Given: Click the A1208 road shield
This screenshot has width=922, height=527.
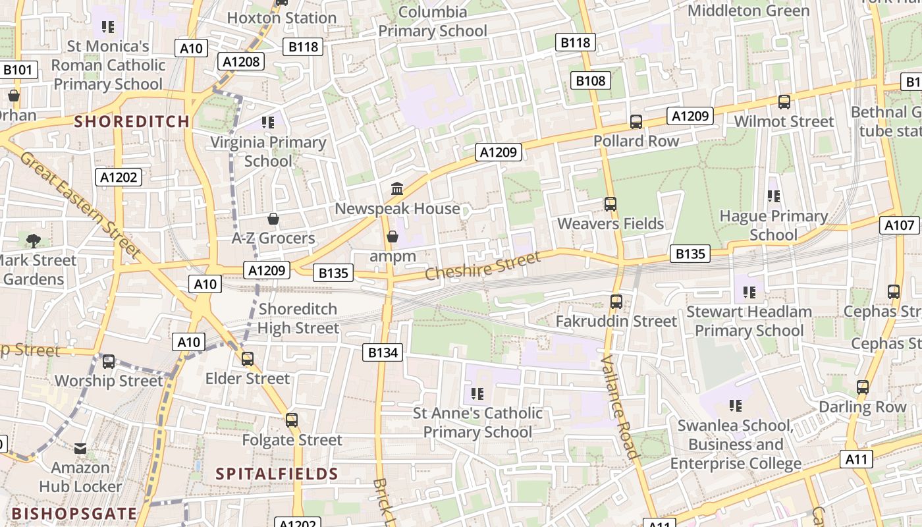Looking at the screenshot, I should (242, 61).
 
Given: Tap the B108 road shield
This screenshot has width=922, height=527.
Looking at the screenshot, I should (590, 80).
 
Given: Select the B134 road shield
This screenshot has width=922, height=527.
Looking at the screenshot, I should (383, 352).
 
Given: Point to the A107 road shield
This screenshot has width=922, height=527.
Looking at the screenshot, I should (899, 225).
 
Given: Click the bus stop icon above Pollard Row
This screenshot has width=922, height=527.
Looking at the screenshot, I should (636, 122).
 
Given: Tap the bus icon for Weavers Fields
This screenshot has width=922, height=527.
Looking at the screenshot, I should (610, 204).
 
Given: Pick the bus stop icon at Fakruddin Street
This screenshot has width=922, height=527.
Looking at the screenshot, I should (616, 302).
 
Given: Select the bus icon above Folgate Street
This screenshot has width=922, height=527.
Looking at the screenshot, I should (292, 420).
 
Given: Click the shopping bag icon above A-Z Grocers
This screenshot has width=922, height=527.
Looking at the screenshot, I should (273, 219).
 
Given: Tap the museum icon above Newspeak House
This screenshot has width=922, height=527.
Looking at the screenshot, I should (397, 189).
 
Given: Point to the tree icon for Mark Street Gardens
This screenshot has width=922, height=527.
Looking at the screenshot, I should (34, 240).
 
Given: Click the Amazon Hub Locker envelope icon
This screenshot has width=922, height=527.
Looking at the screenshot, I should (80, 449).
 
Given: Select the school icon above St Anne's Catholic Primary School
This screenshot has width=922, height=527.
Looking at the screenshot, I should (477, 394).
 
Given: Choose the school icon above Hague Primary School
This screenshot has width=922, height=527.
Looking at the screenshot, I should (774, 196).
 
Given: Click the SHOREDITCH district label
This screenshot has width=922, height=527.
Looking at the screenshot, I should (132, 121).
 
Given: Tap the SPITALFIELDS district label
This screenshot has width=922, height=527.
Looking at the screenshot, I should (277, 474).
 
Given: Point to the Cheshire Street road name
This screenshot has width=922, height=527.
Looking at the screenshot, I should (483, 264).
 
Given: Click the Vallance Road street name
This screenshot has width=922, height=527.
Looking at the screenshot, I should (620, 406).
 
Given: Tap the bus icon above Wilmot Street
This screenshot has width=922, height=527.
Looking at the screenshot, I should (784, 102).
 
